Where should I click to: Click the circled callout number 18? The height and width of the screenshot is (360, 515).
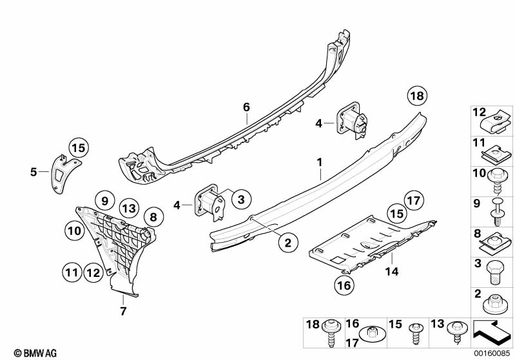pyautogui.click(x=417, y=96)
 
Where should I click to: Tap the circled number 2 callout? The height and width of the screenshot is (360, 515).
pyautogui.click(x=288, y=243)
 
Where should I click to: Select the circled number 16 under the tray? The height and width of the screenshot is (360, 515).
pyautogui.click(x=344, y=285)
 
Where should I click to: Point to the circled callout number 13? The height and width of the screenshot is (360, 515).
pyautogui.click(x=129, y=209)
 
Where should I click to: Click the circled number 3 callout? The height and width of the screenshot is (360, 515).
pyautogui.click(x=242, y=199)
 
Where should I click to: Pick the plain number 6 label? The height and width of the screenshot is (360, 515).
pyautogui.click(x=246, y=107)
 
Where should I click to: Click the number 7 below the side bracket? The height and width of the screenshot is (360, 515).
pyautogui.click(x=123, y=311)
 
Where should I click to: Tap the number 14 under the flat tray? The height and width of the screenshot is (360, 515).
pyautogui.click(x=392, y=271)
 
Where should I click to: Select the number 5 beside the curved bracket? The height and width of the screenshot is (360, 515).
pyautogui.click(x=34, y=172)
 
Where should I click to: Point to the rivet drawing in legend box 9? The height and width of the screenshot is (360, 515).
pyautogui.click(x=497, y=212)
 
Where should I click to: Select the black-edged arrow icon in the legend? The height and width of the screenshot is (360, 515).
pyautogui.click(x=491, y=333)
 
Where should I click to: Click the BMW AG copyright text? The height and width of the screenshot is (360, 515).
pyautogui.click(x=35, y=353)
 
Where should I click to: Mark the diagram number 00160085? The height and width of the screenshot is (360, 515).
pyautogui.click(x=492, y=354)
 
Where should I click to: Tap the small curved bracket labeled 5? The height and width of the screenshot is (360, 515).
pyautogui.click(x=64, y=173)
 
